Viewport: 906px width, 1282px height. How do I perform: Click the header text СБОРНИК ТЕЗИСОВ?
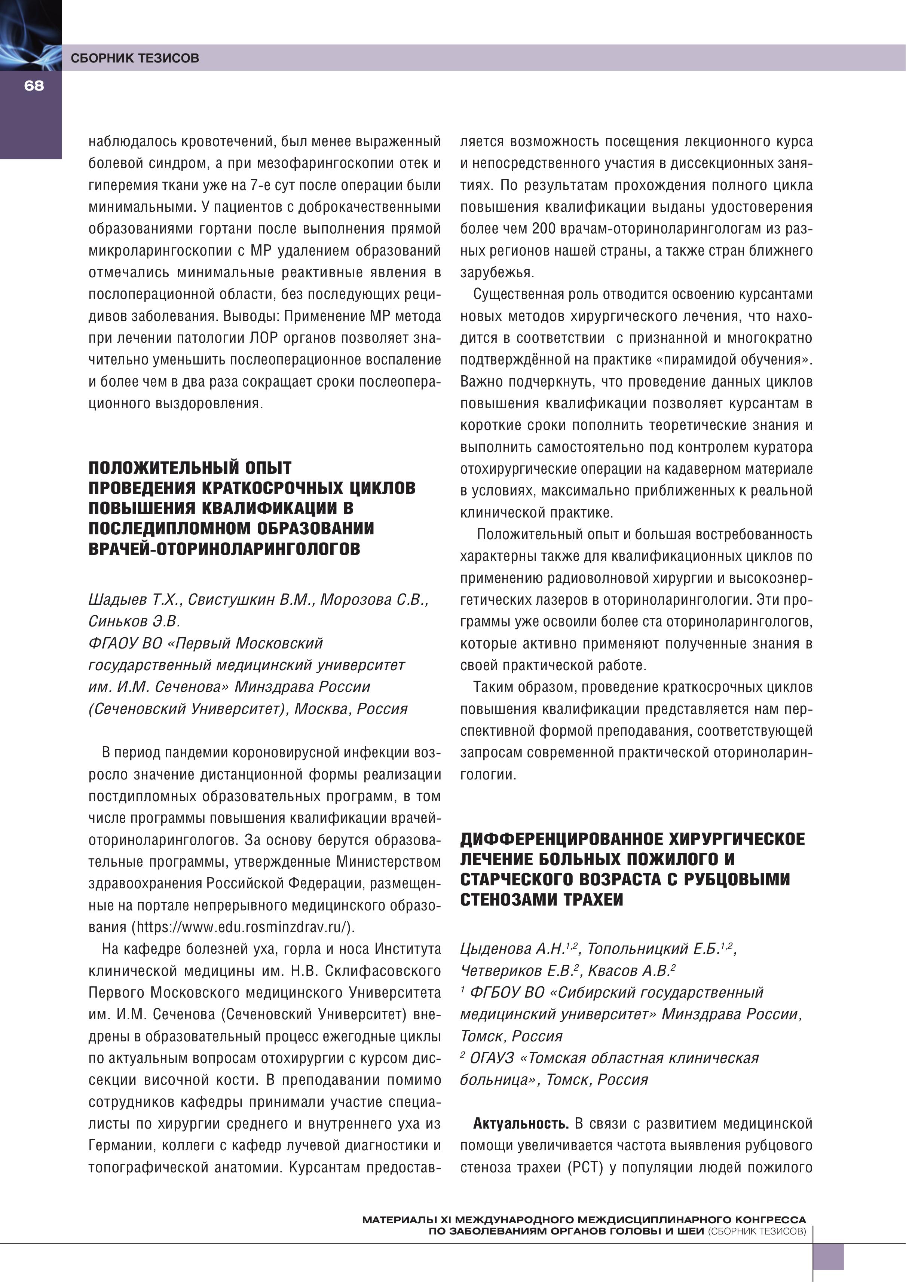(x=135, y=58)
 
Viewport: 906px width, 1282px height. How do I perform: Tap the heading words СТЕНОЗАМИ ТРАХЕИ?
(x=542, y=900)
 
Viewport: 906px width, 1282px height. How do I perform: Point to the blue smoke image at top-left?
(x=30, y=35)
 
